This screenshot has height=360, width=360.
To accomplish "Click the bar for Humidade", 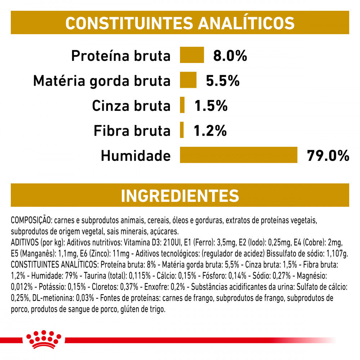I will (x=239, y=155).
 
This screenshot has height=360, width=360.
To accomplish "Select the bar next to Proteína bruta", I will (x=192, y=55).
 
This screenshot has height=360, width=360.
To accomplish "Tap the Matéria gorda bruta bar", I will (x=188, y=80).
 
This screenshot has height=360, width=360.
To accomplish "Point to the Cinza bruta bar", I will (x=182, y=105).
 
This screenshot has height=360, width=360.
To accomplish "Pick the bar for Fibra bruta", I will (x=182, y=130).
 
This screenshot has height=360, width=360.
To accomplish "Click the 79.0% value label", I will (x=328, y=156).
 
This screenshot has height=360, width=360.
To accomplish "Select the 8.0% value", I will (x=230, y=56).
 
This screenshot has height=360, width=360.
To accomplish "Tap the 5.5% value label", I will (x=222, y=81).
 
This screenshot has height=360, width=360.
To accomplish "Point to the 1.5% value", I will (x=211, y=106).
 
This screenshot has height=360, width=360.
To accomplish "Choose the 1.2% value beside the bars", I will (x=210, y=131).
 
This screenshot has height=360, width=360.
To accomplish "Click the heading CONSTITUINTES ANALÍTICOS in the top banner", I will (x=180, y=23).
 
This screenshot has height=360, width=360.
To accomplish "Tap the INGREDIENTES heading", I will (x=180, y=195).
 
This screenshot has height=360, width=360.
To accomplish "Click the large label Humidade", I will (x=135, y=156).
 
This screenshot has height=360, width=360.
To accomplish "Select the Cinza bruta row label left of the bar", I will (x=131, y=106).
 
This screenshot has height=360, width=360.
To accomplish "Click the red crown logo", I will (x=44, y=339).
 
